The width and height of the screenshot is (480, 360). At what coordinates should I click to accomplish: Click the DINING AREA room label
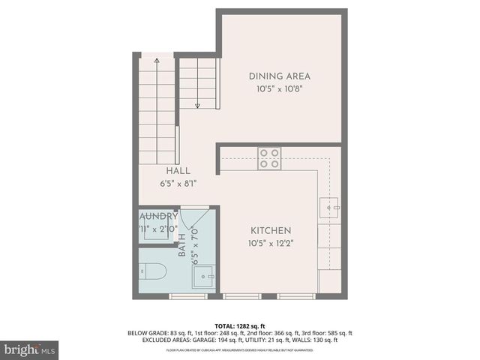point(279,76)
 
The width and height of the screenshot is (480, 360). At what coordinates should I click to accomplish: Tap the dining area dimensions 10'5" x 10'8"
point(279,88)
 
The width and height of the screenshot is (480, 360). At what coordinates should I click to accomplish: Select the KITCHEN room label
point(271,230)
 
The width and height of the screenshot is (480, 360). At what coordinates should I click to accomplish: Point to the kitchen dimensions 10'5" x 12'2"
point(271,242)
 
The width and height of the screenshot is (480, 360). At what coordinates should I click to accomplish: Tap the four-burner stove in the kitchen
point(269,157)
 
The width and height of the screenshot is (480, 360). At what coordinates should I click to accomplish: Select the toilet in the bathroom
point(153,272)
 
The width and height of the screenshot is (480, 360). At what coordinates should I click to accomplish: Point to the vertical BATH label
point(182,244)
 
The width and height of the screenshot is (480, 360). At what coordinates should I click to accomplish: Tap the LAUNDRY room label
point(158,216)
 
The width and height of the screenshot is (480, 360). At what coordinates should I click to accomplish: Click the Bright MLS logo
point(30,349)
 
